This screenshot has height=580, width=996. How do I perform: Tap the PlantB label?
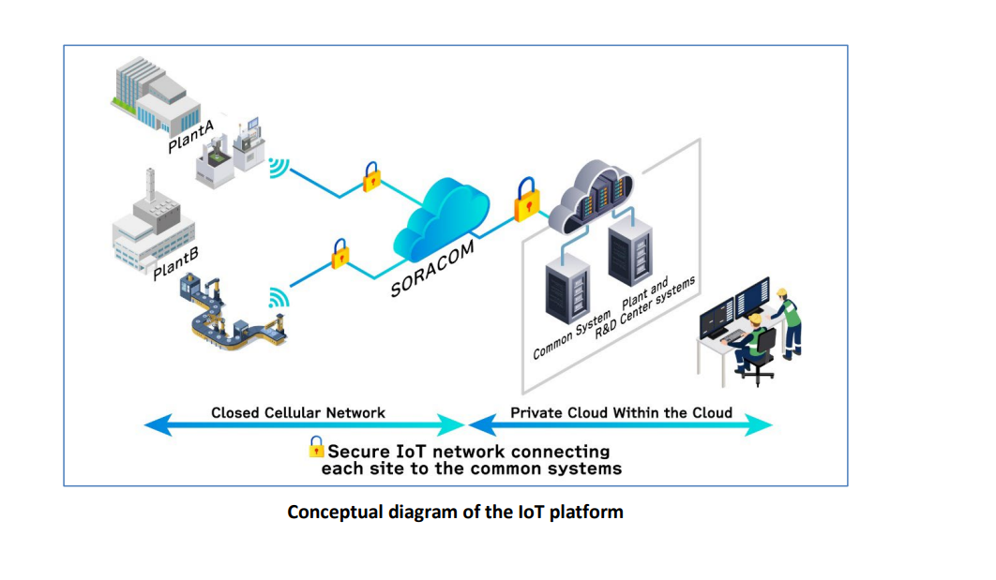pyautogui.click(x=176, y=263)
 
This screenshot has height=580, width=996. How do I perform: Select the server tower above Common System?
pyautogui.click(x=566, y=290)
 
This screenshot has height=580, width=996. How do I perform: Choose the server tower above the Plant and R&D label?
pyautogui.click(x=631, y=252)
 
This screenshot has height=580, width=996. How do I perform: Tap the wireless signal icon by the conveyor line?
pyautogui.click(x=279, y=297)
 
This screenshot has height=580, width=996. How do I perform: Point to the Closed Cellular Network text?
pyautogui.click(x=297, y=412)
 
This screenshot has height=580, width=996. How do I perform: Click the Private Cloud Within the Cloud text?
pyautogui.click(x=621, y=412)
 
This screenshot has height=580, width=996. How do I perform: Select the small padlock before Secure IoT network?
pyautogui.click(x=317, y=448)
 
